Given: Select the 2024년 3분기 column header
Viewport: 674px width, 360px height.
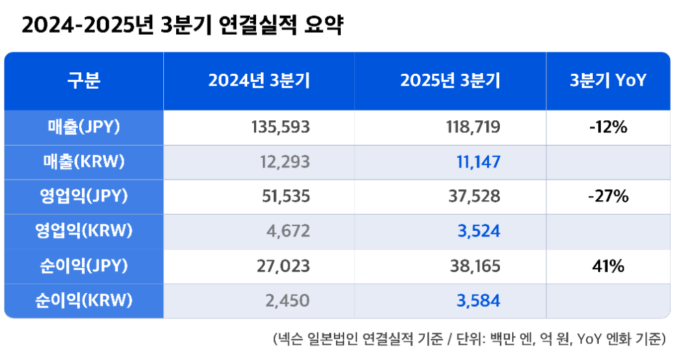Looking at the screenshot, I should (259, 81).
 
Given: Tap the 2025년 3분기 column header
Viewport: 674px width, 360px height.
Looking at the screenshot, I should (450, 81).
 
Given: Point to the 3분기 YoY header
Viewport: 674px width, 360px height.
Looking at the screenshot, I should (608, 81).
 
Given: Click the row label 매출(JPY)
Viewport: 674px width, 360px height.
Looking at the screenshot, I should (84, 127).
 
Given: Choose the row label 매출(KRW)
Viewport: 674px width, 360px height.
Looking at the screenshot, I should (84, 162).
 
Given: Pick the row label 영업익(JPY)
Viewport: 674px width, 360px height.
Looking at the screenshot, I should (84, 197).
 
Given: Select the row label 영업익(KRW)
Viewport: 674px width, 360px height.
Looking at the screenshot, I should (84, 231).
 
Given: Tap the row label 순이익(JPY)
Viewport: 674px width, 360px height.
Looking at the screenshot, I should (84, 266).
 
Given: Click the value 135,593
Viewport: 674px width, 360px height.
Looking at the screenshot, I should (281, 127).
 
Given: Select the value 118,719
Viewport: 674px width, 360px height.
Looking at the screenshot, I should (472, 127).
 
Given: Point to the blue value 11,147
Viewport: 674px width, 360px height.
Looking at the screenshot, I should (478, 162).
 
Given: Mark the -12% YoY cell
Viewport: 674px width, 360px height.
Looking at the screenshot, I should (608, 127).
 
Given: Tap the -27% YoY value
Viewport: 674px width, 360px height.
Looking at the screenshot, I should (608, 197).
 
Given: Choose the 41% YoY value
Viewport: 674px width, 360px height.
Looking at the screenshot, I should (608, 266).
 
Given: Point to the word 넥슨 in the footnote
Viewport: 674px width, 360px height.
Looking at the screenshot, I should (287, 340).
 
